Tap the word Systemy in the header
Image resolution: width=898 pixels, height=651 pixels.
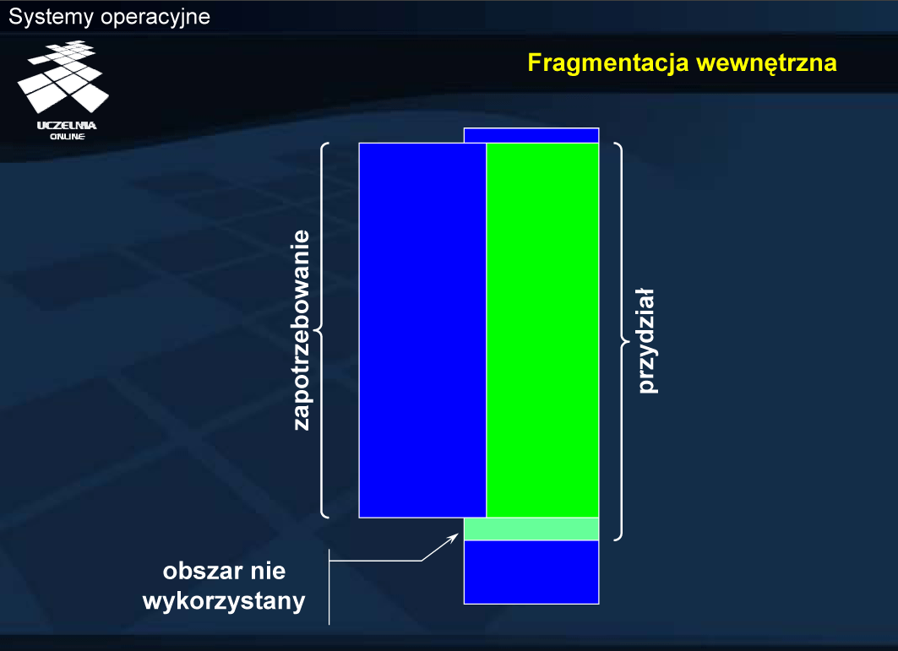(x=51, y=17)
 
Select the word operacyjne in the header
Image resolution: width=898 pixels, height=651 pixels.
(x=155, y=17)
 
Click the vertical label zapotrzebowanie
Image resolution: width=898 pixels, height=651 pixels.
(x=302, y=330)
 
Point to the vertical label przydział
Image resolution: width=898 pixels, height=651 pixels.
(x=647, y=341)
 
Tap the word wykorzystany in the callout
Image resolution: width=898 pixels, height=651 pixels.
(x=224, y=601)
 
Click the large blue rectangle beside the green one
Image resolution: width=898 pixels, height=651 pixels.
(x=422, y=330)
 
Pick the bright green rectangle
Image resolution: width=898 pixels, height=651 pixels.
(x=542, y=330)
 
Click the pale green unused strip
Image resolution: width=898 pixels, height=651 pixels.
(x=531, y=529)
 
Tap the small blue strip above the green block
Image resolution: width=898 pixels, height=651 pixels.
(x=531, y=136)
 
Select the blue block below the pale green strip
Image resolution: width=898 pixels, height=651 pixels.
(x=531, y=572)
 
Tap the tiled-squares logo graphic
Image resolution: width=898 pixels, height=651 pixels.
(x=63, y=76)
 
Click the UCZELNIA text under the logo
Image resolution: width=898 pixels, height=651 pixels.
(x=67, y=126)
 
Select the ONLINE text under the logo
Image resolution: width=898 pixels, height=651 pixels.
(x=68, y=136)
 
